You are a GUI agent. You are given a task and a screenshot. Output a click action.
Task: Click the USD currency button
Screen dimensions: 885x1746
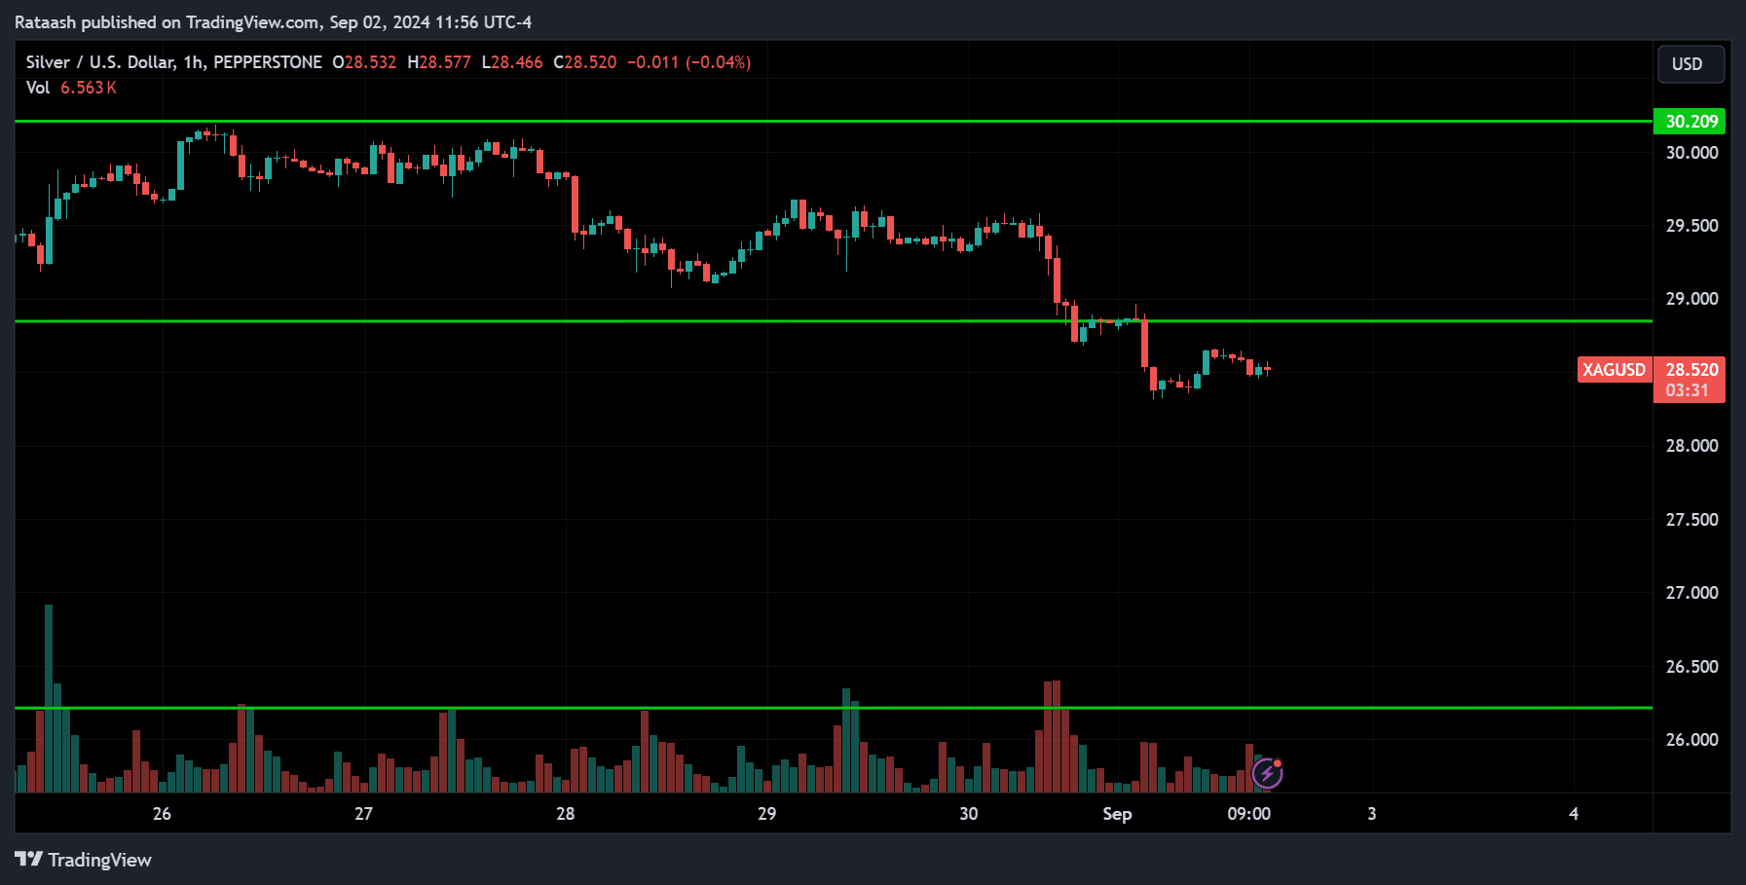(1690, 64)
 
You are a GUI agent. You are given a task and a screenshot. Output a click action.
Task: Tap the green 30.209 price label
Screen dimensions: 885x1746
(1690, 122)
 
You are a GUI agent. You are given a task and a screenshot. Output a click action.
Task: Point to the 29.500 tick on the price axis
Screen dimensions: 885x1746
(1691, 226)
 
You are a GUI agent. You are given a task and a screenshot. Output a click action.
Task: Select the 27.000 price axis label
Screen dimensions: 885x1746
(1691, 593)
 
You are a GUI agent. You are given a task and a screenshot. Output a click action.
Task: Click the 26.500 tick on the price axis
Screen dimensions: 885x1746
(1691, 667)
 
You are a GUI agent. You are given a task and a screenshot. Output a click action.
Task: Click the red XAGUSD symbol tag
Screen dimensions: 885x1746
(1614, 370)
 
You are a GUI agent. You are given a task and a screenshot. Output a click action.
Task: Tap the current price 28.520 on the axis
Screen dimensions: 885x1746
(1691, 370)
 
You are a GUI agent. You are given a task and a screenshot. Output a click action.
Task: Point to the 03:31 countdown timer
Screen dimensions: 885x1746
(1687, 390)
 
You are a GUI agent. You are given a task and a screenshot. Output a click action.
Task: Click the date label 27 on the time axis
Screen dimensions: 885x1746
(363, 814)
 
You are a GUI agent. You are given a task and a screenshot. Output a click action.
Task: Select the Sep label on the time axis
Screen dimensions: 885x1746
(1117, 814)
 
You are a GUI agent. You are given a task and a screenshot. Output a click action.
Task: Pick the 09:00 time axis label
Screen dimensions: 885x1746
(1248, 814)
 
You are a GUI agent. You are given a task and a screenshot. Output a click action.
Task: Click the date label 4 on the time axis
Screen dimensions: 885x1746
(1574, 814)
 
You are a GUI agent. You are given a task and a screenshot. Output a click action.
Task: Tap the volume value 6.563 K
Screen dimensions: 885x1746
(89, 88)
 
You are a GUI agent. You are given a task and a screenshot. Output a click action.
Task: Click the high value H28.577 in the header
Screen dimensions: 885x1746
(438, 62)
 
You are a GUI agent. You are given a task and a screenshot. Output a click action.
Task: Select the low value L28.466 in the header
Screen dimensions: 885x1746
(512, 62)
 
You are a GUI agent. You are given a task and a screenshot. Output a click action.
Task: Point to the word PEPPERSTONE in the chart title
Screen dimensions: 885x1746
(268, 62)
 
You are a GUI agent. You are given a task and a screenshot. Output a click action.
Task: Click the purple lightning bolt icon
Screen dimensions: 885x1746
(1267, 774)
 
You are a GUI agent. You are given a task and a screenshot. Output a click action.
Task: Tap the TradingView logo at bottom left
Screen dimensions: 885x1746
(84, 860)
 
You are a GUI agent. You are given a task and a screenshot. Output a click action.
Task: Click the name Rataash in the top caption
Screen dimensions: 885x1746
(46, 22)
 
